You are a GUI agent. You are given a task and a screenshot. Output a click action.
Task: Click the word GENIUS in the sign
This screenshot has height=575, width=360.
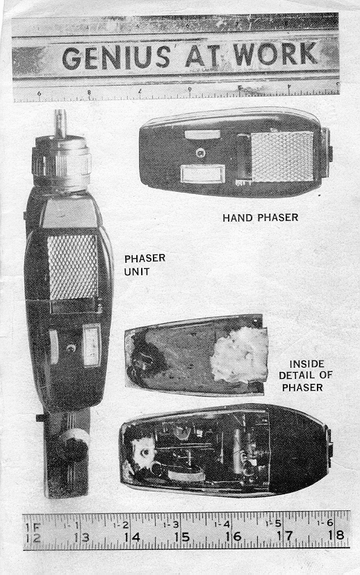(116, 58)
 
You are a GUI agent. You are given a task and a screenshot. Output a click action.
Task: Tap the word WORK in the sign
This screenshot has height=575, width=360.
(276, 54)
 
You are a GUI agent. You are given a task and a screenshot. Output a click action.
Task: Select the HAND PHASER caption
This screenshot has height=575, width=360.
(261, 218)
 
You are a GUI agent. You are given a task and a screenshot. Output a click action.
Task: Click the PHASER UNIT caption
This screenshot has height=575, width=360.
(145, 265)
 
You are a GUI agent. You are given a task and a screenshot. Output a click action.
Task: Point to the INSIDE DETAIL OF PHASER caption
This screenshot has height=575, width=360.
(305, 375)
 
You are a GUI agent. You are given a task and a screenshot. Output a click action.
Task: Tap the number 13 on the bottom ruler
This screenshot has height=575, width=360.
(81, 537)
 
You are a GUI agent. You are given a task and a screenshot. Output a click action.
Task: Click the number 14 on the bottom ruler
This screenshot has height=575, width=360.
(131, 537)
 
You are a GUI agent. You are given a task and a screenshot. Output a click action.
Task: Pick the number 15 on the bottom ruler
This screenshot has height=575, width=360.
(182, 537)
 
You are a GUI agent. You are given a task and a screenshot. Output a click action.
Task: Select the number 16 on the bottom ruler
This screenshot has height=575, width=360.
(233, 537)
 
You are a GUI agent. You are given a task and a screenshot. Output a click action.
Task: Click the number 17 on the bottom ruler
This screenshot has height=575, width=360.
(284, 536)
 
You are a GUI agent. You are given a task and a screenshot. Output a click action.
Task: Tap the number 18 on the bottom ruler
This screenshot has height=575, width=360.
(336, 535)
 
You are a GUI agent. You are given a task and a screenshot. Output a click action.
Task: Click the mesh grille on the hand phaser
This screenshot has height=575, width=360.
(283, 156)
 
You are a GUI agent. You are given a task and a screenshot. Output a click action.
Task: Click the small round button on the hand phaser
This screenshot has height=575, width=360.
(200, 153)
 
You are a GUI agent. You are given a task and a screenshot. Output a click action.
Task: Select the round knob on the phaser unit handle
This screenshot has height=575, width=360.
(75, 444)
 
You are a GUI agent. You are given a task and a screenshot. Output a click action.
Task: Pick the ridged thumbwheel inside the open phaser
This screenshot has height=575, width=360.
(186, 476)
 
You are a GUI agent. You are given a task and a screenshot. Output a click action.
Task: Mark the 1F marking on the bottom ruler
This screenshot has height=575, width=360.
(31, 527)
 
